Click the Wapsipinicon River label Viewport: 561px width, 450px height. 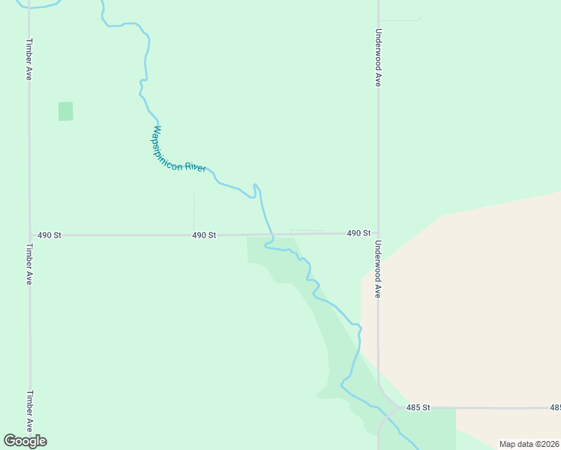tap(178, 148)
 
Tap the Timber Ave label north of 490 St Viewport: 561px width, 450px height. tap(28, 59)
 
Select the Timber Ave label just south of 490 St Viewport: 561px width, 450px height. tap(28, 264)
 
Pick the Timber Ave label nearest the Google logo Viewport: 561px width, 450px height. tap(28, 409)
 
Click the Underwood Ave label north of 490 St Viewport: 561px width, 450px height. tap(379, 58)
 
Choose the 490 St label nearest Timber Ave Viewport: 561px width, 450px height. tap(49, 235)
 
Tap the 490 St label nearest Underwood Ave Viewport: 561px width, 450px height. tap(358, 233)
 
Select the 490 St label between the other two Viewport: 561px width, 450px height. tap(204, 235)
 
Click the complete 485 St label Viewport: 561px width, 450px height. tap(418, 407)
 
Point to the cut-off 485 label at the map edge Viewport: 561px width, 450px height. tap(555, 407)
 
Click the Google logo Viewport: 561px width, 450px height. tap(25, 441)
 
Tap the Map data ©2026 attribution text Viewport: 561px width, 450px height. tap(529, 444)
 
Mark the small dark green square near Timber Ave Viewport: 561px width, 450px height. tap(66, 111)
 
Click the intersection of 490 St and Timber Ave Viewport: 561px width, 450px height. tap(29, 235)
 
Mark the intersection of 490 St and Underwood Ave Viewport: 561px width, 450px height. tap(378, 233)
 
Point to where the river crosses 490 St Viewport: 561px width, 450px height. tap(270, 234)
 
